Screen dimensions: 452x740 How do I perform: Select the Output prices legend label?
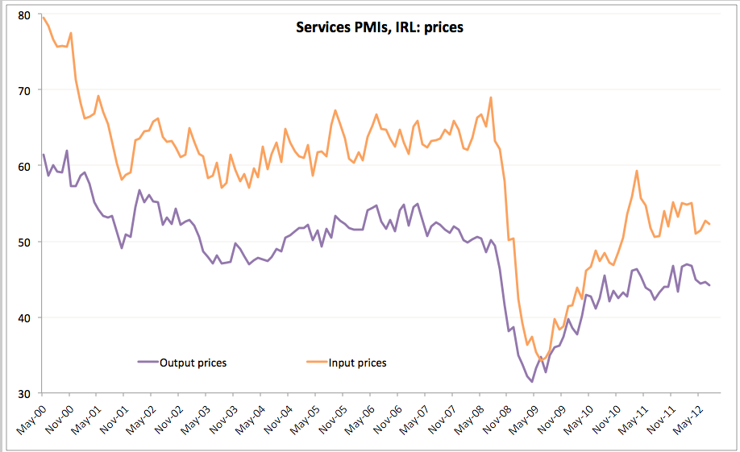pyautogui.click(x=193, y=363)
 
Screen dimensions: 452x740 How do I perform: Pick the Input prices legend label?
pyautogui.click(x=357, y=363)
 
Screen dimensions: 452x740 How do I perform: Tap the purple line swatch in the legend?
pyautogui.click(x=148, y=363)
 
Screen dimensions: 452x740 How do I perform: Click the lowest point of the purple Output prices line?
pyautogui.click(x=532, y=382)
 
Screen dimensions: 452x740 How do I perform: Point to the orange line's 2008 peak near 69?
pyautogui.click(x=490, y=97)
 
